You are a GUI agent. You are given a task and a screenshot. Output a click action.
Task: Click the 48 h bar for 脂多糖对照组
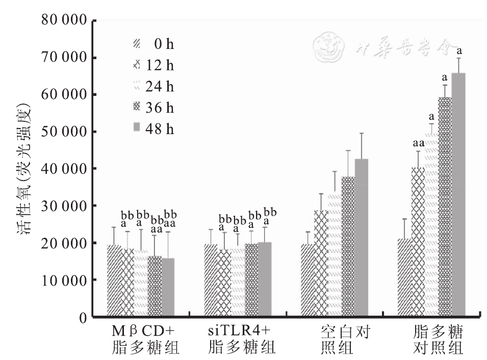[x=458, y=195]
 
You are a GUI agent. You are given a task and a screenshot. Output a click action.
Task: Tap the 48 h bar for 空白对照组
[x=361, y=238]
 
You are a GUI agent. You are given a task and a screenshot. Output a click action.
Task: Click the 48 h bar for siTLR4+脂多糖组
[x=264, y=279]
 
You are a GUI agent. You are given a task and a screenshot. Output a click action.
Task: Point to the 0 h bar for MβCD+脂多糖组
[x=114, y=280]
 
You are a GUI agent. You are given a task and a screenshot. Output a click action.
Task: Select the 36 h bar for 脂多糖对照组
[x=445, y=207]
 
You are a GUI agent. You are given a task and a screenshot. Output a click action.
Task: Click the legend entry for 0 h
[x=153, y=44]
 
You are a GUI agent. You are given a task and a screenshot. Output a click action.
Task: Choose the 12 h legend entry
[x=153, y=66]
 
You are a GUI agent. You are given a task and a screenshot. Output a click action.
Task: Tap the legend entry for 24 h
[x=153, y=87]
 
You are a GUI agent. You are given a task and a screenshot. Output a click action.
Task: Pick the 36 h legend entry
[x=153, y=108]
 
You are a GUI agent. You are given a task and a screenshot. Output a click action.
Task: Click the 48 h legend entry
[x=153, y=129]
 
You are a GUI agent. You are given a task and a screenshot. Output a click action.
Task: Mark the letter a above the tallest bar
[x=458, y=51]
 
